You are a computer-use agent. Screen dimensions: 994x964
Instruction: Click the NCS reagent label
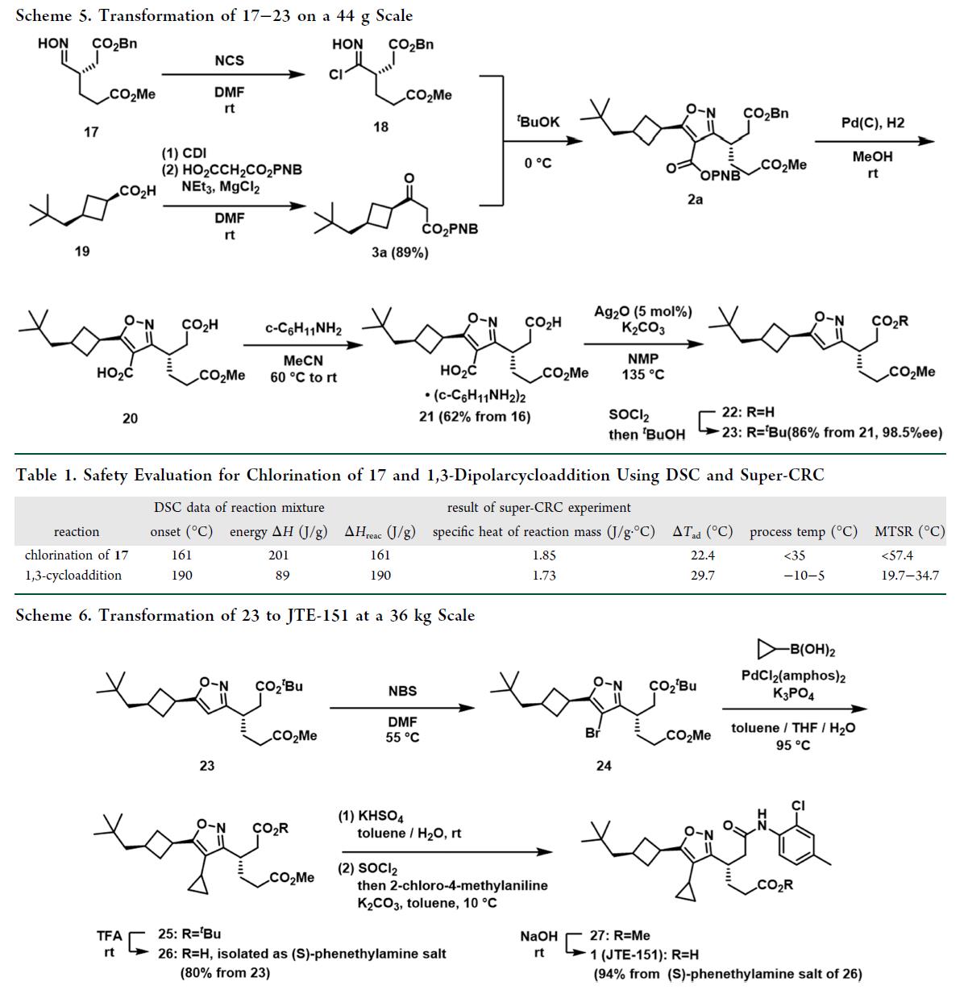click(229, 60)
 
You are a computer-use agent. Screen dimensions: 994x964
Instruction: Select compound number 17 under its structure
click(91, 131)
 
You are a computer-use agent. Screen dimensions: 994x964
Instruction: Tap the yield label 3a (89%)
click(399, 252)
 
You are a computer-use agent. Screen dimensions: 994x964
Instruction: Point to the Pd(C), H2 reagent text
click(872, 123)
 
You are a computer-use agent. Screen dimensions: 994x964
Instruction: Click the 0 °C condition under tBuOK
click(538, 163)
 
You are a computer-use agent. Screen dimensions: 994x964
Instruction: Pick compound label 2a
click(695, 199)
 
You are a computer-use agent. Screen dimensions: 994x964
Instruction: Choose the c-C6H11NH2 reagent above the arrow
click(303, 329)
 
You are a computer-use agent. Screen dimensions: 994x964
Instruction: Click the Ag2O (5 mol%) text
click(643, 311)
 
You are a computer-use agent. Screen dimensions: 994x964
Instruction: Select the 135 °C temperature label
click(643, 374)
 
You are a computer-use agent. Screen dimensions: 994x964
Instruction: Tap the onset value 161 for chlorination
click(181, 555)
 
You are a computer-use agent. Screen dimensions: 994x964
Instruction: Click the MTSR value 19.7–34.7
click(910, 576)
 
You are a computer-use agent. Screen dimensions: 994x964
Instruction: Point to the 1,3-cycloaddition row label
click(73, 576)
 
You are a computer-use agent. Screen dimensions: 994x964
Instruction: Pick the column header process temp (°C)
click(803, 532)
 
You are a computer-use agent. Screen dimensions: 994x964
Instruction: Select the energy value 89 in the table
click(282, 576)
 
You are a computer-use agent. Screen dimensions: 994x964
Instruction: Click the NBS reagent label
click(402, 691)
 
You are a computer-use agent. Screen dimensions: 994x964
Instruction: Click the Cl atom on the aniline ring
click(798, 805)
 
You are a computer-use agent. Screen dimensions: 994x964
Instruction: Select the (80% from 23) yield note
click(225, 972)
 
